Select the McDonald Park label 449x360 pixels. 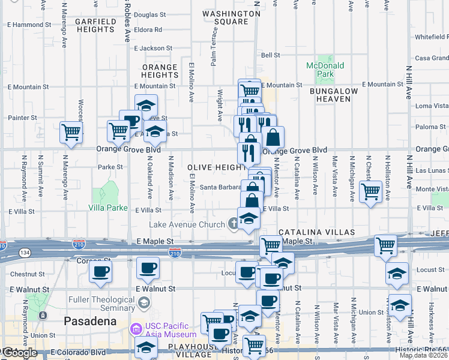click(x=325, y=70)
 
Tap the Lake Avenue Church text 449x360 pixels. click(x=188, y=224)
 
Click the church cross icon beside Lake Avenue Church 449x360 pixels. click(x=234, y=224)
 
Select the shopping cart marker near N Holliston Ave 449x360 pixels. click(x=371, y=191)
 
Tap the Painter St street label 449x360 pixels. click(x=23, y=118)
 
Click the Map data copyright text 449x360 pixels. click(x=423, y=355)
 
